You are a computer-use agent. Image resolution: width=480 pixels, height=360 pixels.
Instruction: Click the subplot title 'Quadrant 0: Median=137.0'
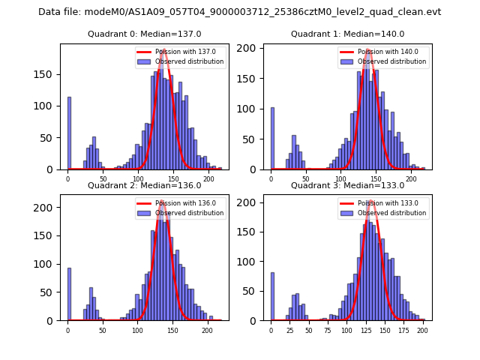(x=145, y=34)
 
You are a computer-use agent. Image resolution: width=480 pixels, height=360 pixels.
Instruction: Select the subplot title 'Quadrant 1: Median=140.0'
(x=348, y=34)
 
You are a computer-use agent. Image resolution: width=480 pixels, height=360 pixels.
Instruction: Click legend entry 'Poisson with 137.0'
(x=180, y=52)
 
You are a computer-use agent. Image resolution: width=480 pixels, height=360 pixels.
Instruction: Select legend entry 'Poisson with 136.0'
(x=180, y=203)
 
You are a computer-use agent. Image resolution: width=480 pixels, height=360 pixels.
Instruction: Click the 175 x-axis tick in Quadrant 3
(x=403, y=329)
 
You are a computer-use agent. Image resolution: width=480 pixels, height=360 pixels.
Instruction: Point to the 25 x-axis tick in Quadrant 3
(x=290, y=329)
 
